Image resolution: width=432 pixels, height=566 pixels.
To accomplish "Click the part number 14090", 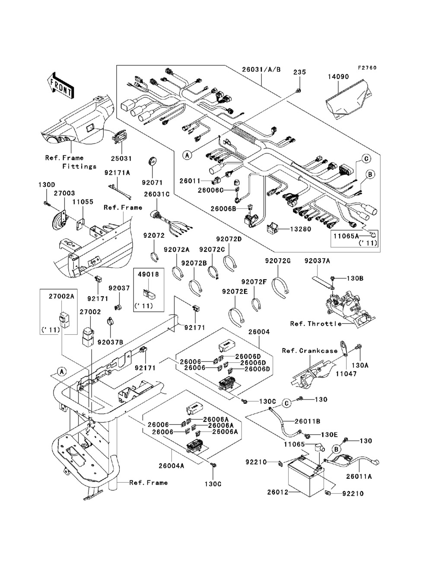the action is [338, 77].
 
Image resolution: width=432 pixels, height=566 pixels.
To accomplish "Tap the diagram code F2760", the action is [367, 68].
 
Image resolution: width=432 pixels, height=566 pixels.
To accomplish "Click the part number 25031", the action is [121, 159].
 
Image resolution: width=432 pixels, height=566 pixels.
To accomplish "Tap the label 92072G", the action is [278, 261].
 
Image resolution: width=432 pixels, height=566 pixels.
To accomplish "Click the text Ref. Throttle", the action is [316, 323].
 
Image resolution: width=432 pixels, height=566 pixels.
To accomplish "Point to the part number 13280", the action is [301, 229].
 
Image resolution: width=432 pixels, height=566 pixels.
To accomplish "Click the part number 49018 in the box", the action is [148, 275].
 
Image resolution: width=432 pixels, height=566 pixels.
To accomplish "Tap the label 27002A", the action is [62, 297].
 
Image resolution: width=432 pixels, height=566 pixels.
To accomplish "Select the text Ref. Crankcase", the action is [310, 351].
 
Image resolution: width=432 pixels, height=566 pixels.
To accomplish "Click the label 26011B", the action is [307, 421].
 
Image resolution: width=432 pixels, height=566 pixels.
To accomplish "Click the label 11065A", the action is [346, 236].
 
